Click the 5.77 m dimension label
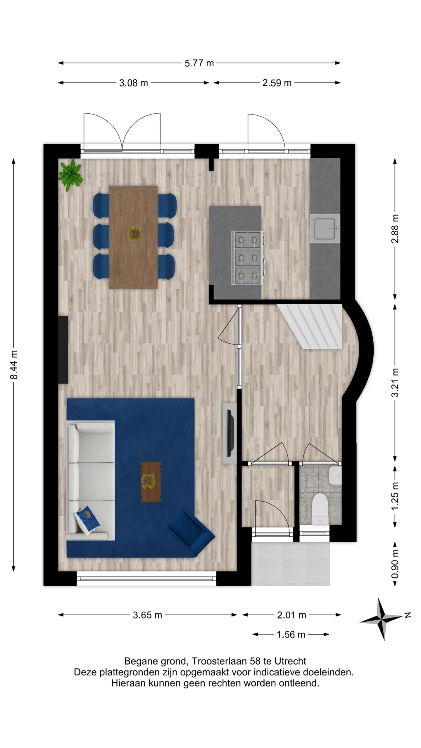point(199,63)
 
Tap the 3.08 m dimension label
point(133,83)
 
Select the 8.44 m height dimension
point(14,365)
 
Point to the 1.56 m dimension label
point(291,634)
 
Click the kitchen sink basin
point(325,228)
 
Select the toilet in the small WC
point(320,509)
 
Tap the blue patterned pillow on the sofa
point(87,517)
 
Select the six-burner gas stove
point(247,258)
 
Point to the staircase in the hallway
point(310,326)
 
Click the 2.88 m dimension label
point(395,229)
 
